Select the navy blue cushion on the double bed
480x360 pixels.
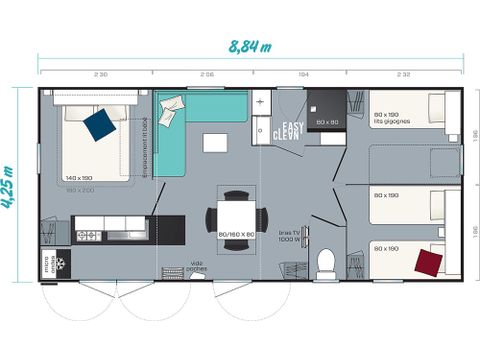[x=99, y=124]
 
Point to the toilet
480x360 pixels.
[x=324, y=263]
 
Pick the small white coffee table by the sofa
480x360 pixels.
[x=215, y=143]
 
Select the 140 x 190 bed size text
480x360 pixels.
[x=81, y=177]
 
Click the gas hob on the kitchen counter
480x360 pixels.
[x=89, y=236]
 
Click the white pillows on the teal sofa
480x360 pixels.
[x=171, y=105]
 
